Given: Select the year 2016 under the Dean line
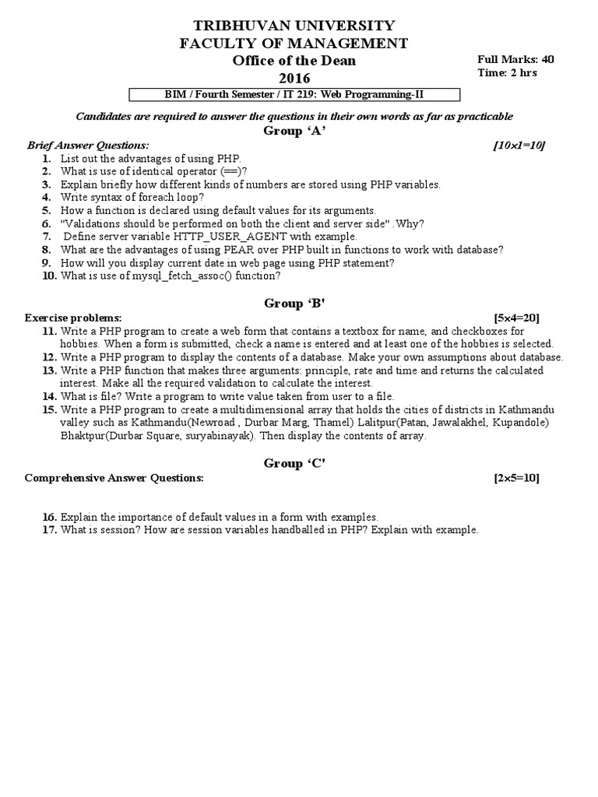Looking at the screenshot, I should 294,78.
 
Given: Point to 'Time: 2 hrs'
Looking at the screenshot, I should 507,73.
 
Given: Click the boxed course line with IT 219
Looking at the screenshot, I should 294,95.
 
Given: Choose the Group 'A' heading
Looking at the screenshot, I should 294,131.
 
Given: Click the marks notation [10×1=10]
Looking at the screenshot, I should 519,145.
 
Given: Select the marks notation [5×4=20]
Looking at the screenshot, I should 516,318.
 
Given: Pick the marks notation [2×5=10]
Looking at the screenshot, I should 516,478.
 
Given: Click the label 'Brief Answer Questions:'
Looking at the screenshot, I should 88,145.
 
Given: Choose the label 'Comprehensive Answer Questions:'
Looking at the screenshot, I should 114,478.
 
